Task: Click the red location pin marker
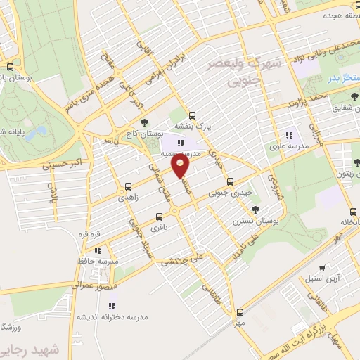click(x=181, y=166)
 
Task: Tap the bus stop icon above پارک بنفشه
click(x=193, y=116)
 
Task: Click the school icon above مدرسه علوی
click(x=288, y=135)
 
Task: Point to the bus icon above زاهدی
click(x=128, y=187)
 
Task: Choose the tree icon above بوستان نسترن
click(x=255, y=209)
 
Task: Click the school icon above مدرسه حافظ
click(x=98, y=250)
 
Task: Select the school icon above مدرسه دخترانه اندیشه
click(x=112, y=305)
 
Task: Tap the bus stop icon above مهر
click(x=240, y=311)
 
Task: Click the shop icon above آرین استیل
click(x=322, y=267)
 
